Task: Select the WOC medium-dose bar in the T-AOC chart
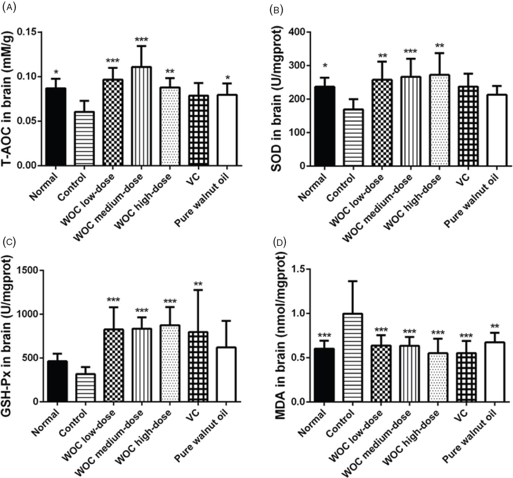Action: point(141,116)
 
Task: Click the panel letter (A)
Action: point(9,8)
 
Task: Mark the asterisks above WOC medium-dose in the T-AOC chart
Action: point(141,39)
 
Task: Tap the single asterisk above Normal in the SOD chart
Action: point(325,66)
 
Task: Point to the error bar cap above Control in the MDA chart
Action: point(352,281)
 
